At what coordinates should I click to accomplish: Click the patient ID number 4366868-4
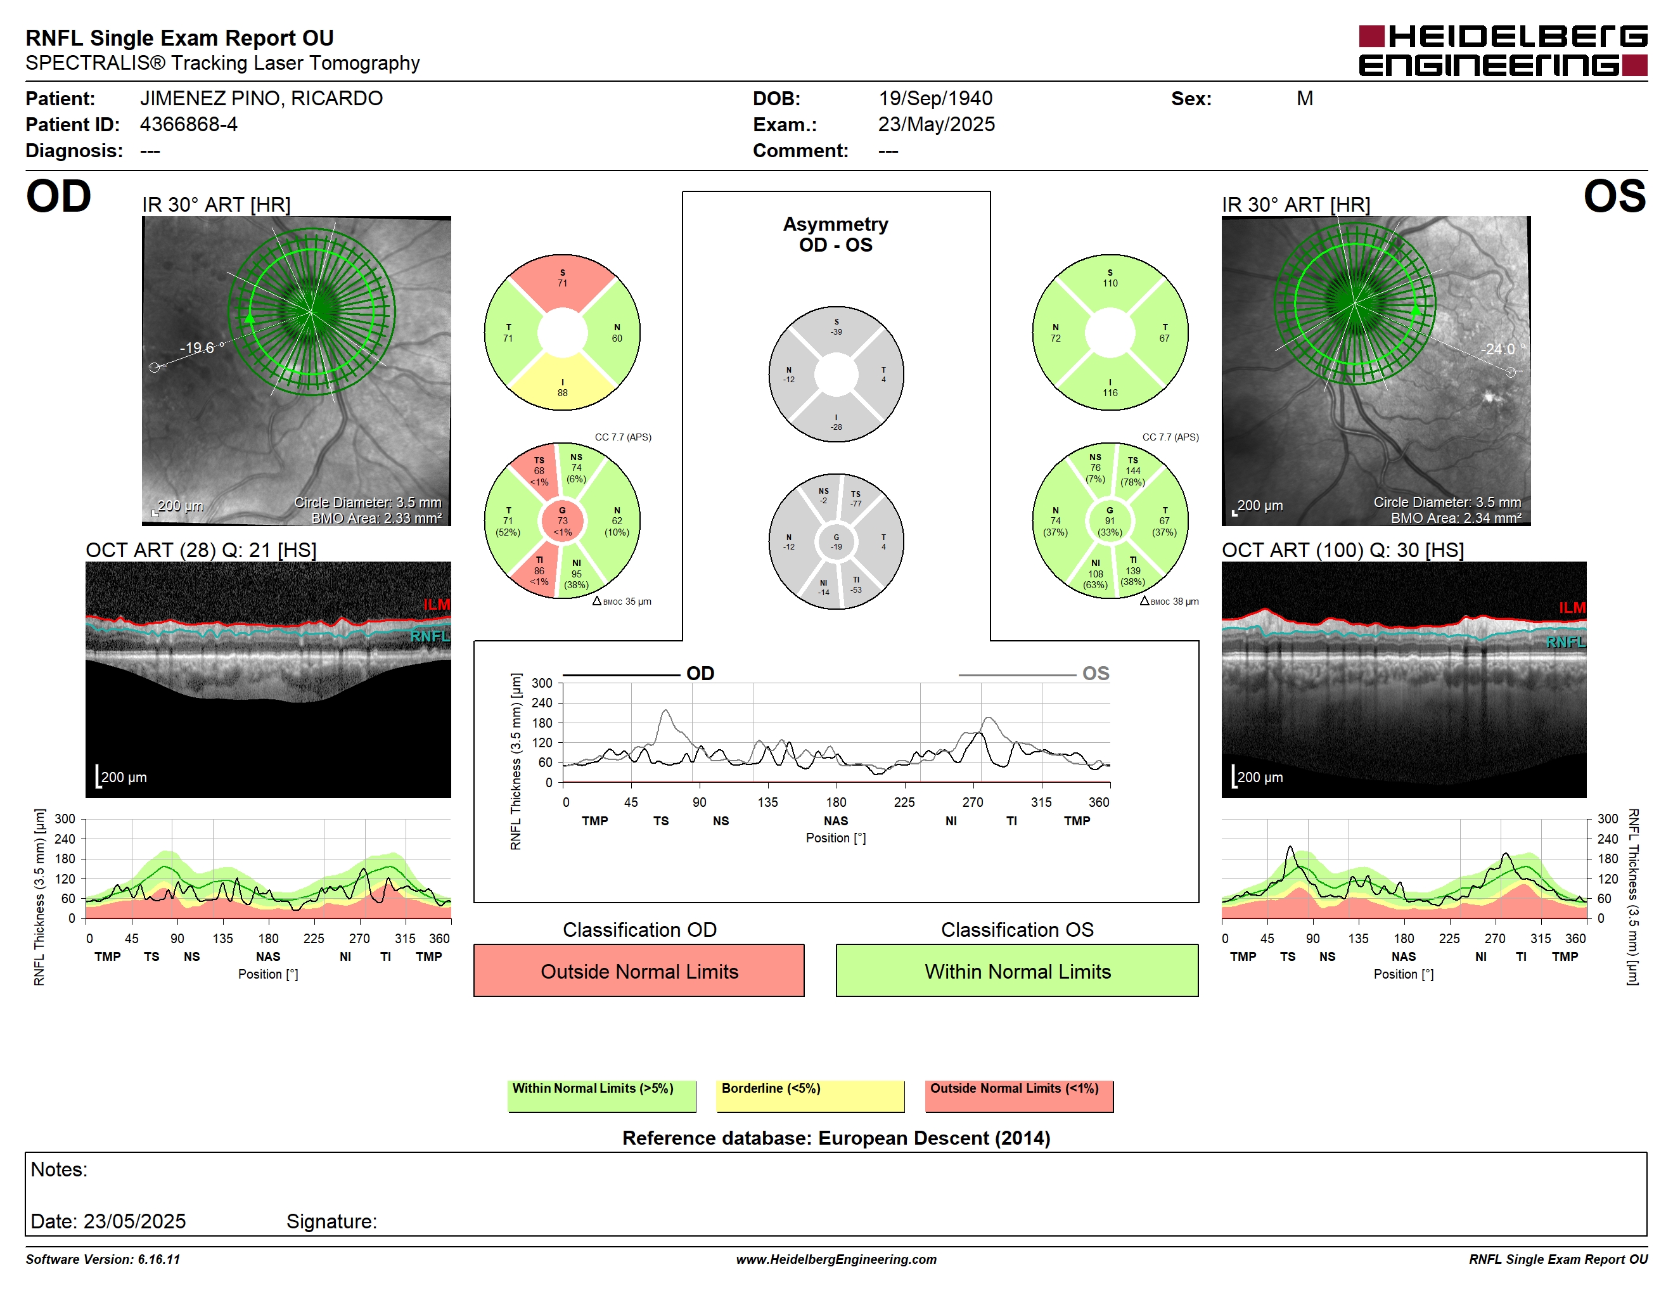tap(188, 124)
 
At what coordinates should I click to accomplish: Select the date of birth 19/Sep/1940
tap(935, 98)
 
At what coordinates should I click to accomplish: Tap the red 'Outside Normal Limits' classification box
tap(639, 970)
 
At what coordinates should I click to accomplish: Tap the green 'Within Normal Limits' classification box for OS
tap(1017, 970)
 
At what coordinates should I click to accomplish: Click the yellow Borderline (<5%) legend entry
tap(810, 1095)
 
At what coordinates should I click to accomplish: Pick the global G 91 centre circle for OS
tap(1110, 521)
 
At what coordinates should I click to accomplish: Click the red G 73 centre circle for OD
tap(562, 521)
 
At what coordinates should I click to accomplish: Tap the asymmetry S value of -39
tap(836, 331)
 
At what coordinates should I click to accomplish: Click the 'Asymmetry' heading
tap(836, 224)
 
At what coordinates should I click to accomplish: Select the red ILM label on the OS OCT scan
tap(1572, 607)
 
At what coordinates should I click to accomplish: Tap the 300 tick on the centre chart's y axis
tap(542, 683)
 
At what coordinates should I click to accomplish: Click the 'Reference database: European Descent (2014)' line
tap(836, 1138)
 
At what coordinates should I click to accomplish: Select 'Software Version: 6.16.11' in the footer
tap(103, 1259)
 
